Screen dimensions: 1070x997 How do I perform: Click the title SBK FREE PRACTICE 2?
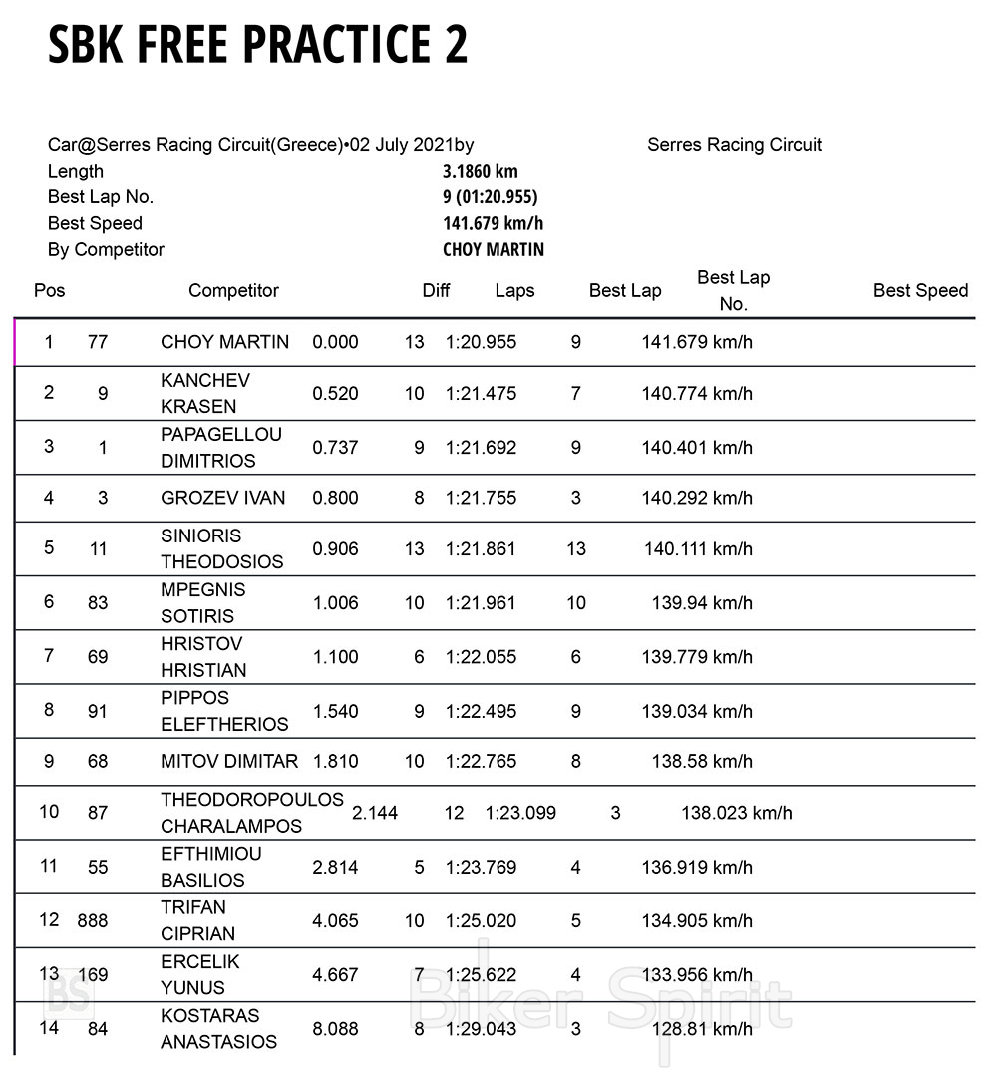coord(257,45)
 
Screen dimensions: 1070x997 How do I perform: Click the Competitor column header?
coord(233,291)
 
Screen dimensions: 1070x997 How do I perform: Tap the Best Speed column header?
coord(920,291)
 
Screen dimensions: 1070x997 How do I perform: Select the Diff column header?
coord(436,291)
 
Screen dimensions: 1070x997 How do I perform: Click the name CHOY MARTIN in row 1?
coord(224,342)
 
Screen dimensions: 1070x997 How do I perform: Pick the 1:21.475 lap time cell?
coord(481,394)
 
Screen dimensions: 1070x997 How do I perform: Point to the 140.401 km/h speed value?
coord(697,448)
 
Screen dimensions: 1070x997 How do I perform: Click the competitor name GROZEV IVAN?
coord(222,498)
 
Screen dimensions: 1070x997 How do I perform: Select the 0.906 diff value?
coord(335,549)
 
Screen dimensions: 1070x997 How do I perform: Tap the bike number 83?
coord(98,603)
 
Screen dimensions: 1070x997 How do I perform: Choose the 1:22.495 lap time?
coord(481,711)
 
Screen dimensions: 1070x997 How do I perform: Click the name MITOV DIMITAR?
coord(229,762)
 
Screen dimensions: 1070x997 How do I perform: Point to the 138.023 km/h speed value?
coord(737,813)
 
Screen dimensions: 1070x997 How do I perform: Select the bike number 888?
coord(93,920)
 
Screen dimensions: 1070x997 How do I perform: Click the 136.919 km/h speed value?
coord(697,867)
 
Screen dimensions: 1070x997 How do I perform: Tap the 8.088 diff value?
coord(335,1028)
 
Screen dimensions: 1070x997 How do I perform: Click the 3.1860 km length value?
coord(481,171)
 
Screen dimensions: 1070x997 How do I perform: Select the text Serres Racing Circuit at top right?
coord(734,145)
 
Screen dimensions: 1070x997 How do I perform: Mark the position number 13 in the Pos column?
coord(49,973)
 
